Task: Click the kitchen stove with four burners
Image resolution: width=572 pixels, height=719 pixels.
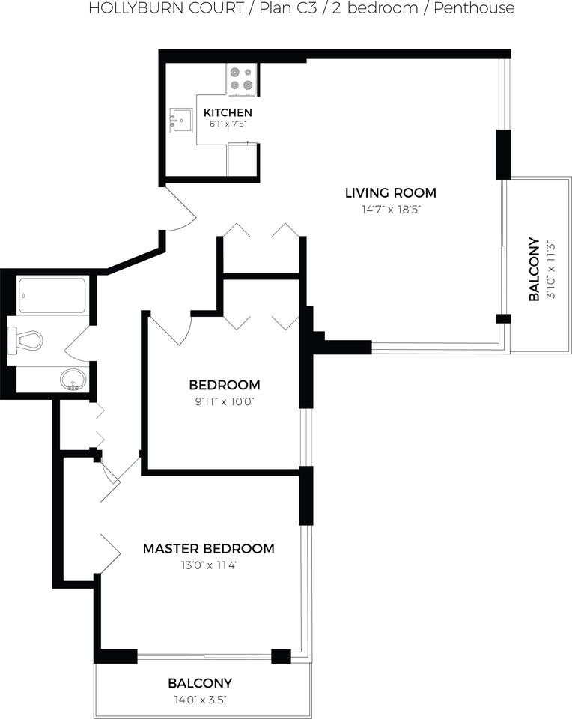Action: [x=241, y=79]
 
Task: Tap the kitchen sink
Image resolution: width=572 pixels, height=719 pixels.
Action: [x=181, y=121]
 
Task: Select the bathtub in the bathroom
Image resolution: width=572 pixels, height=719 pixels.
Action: [x=52, y=295]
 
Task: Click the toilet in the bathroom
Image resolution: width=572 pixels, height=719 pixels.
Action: [x=25, y=341]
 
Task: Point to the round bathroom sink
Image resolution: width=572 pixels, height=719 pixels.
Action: [x=73, y=380]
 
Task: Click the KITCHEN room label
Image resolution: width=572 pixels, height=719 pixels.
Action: [x=228, y=112]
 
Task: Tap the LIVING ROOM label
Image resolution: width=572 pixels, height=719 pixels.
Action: [x=391, y=192]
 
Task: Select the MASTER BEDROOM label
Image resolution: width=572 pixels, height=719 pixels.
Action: [x=209, y=548]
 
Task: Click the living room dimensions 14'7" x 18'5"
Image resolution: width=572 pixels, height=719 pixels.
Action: [x=391, y=210]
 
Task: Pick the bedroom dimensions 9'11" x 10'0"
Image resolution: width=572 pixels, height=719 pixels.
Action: [x=225, y=401]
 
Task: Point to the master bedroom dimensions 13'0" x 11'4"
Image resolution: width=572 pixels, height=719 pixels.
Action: [x=209, y=565]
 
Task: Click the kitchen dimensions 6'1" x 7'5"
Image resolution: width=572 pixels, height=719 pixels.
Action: [x=228, y=124]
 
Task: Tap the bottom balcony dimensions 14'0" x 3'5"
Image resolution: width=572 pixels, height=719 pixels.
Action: [x=201, y=700]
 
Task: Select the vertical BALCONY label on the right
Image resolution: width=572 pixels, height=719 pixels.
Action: [x=534, y=269]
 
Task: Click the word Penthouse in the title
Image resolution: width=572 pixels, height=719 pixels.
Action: [x=474, y=7]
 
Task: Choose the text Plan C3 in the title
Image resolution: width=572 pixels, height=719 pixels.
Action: [x=288, y=7]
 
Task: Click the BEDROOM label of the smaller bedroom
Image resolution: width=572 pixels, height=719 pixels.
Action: [x=225, y=385]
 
